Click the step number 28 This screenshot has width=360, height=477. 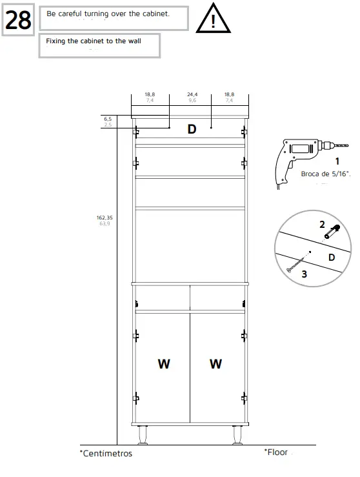pyautogui.click(x=18, y=21)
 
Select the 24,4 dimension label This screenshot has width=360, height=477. pyautogui.click(x=192, y=95)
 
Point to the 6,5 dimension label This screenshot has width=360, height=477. pyautogui.click(x=108, y=119)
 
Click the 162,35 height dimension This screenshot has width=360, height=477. pyautogui.click(x=105, y=218)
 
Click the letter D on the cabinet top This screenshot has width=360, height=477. pyautogui.click(x=192, y=129)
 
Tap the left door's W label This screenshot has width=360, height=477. pyautogui.click(x=164, y=364)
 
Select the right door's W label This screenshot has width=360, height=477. pyautogui.click(x=215, y=364)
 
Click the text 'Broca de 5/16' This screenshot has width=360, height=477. pyautogui.click(x=325, y=174)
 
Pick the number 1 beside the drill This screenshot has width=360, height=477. pyautogui.click(x=337, y=161)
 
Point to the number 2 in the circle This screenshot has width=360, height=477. pyautogui.click(x=322, y=225)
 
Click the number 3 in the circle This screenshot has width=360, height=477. pyautogui.click(x=304, y=274)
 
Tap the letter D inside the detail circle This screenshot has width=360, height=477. pyautogui.click(x=331, y=257)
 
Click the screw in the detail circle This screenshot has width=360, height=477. pyautogui.click(x=297, y=265)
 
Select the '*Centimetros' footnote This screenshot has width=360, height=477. pyautogui.click(x=106, y=454)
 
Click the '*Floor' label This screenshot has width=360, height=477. pyautogui.click(x=275, y=452)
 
